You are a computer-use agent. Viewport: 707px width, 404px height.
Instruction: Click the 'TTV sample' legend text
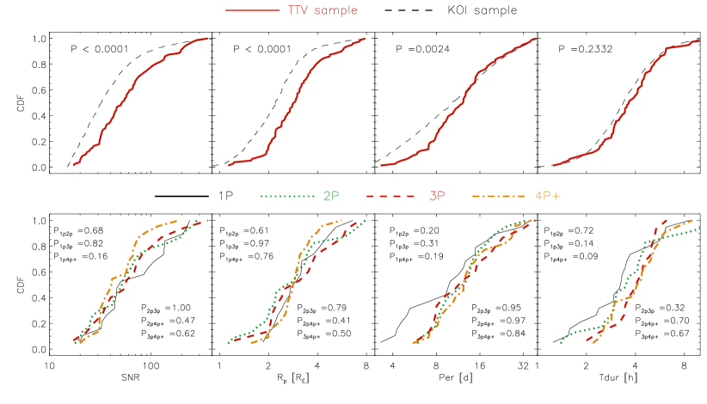323,11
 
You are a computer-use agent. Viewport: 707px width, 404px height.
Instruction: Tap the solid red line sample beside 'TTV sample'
252,11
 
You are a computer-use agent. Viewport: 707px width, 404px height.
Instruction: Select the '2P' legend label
331,196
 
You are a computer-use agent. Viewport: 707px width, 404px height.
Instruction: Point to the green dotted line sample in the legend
287,196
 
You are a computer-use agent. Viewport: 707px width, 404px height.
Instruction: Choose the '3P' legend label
437,196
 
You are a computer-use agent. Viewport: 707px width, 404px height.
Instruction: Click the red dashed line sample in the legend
392,196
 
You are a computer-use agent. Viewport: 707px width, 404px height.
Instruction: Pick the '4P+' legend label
547,196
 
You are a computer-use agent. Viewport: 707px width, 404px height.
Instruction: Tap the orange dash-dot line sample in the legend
499,196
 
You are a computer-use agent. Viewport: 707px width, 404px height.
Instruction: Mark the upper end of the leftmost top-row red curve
208,38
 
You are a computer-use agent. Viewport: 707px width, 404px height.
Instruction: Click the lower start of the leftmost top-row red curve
73,165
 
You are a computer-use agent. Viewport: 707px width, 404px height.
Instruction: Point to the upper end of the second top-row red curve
366,38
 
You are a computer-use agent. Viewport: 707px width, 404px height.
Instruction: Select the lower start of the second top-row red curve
228,165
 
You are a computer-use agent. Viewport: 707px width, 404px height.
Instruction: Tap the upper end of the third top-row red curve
535,38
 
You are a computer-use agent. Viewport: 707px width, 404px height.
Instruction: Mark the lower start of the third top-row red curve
380,165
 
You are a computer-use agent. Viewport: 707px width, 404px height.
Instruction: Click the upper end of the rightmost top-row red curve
700,40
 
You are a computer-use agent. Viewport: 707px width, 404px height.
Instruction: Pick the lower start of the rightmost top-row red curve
553,165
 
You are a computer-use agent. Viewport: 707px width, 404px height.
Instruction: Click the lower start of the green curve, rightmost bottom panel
560,343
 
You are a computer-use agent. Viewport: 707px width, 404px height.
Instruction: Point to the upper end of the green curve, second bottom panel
366,220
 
